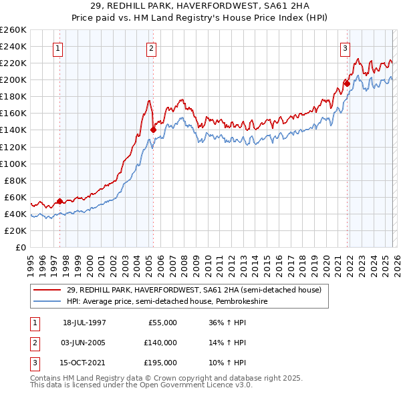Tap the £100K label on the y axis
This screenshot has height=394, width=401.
[x=13, y=164]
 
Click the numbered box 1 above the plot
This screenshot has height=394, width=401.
[x=58, y=48]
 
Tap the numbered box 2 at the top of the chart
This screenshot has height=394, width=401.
[x=152, y=48]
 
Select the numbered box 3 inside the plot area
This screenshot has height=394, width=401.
[x=345, y=48]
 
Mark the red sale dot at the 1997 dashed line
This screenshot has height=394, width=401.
[x=60, y=200]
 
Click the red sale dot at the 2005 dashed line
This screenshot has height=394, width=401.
[x=153, y=130]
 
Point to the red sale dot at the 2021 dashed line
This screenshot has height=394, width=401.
[x=347, y=83]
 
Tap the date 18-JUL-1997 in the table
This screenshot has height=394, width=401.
[x=84, y=323]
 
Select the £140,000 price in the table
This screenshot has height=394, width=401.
[x=160, y=343]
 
